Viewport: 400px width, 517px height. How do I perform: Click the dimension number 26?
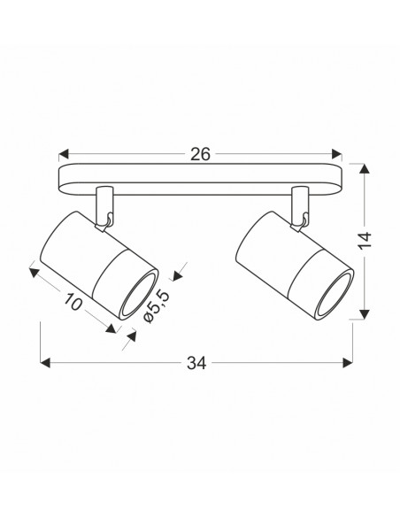coord(200,154)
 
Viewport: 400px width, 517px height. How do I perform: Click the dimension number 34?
coord(196,363)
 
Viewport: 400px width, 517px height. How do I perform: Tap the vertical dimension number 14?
coord(365,241)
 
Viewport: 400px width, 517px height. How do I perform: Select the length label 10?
coord(73,301)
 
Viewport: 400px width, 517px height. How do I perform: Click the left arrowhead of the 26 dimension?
coord(64,154)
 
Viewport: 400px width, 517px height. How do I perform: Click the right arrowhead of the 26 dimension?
coord(337,154)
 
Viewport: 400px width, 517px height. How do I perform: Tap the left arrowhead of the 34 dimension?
coord(45,363)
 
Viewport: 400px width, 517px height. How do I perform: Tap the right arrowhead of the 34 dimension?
coord(348,363)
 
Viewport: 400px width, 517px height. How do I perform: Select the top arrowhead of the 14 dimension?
coord(364,168)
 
